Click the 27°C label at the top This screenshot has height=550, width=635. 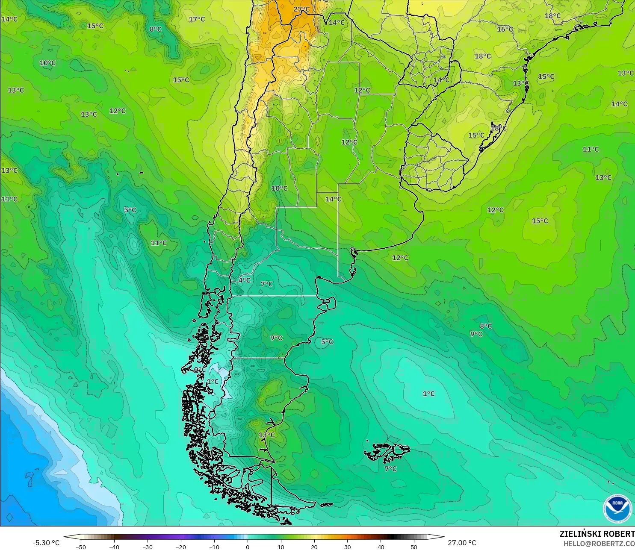coord(301,9)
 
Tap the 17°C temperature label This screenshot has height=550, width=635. coord(197,19)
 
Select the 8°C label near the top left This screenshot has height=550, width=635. coord(156,29)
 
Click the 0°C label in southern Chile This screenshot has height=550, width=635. coord(200,370)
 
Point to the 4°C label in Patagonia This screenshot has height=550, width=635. coord(245,280)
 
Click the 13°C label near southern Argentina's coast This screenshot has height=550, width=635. coord(267,435)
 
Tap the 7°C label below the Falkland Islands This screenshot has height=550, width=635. coord(390,469)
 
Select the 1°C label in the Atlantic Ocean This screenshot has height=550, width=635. coord(428,394)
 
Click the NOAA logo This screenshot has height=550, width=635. coord(617,508)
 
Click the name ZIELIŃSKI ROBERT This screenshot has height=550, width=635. coord(597,534)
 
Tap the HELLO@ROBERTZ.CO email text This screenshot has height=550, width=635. coord(599,544)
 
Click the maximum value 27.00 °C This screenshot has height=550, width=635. coord(462,543)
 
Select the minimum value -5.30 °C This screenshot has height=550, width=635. coord(46,543)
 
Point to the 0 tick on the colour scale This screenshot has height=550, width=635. coord(248,547)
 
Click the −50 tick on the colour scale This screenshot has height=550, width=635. coord(80,547)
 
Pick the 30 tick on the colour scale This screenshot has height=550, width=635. coord(348,547)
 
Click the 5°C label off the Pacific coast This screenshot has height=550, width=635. coord(130,210)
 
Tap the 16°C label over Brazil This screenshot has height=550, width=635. coord(505,29)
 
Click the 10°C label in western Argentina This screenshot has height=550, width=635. coord(280,188)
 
